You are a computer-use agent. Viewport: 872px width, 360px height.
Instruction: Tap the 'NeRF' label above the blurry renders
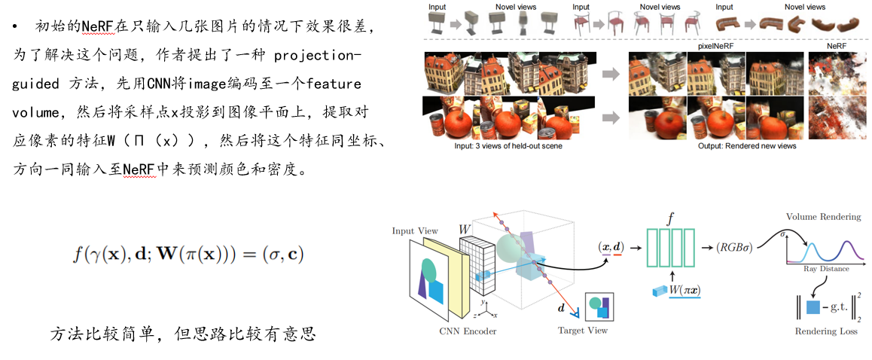(x=836, y=46)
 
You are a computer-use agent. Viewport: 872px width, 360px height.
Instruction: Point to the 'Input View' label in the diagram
(x=414, y=230)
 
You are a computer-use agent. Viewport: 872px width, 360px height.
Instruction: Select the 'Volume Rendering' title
(x=823, y=217)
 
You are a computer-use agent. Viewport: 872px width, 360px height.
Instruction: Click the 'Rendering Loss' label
(x=825, y=331)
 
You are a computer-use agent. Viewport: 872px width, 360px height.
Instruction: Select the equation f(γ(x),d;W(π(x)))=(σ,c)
(x=188, y=254)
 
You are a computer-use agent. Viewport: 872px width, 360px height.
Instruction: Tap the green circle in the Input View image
(x=428, y=267)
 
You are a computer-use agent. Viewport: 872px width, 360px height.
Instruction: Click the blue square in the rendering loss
(x=813, y=307)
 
